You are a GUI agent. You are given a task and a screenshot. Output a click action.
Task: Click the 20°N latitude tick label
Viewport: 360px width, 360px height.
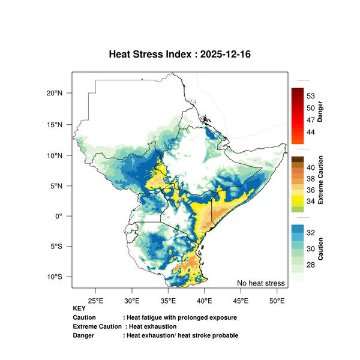pyautogui.click(x=55, y=94)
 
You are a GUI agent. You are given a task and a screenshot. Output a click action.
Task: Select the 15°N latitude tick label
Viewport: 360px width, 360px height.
pyautogui.click(x=55, y=124)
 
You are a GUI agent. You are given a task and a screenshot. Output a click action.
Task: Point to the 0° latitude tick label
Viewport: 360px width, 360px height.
pyautogui.click(x=59, y=216)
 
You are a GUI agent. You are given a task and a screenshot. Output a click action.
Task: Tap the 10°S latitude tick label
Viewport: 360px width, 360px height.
pyautogui.click(x=55, y=277)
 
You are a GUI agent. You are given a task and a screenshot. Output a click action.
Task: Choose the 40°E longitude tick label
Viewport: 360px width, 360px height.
pyautogui.click(x=204, y=299)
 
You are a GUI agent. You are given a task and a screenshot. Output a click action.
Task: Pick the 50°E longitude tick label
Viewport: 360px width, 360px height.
pyautogui.click(x=277, y=299)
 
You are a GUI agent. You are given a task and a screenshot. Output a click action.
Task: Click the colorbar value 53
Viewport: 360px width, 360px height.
pyautogui.click(x=311, y=96)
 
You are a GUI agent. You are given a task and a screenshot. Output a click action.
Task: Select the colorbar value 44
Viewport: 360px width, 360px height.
pyautogui.click(x=311, y=131)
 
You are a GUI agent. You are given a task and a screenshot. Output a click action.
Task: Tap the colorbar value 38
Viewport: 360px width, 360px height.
pyautogui.click(x=311, y=179)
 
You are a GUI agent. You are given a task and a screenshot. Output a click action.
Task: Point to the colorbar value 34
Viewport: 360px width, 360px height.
pyautogui.click(x=311, y=201)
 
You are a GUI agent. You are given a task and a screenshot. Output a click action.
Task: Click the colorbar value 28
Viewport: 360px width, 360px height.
pyautogui.click(x=311, y=265)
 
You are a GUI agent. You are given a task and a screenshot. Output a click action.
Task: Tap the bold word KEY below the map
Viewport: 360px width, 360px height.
pyautogui.click(x=79, y=308)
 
